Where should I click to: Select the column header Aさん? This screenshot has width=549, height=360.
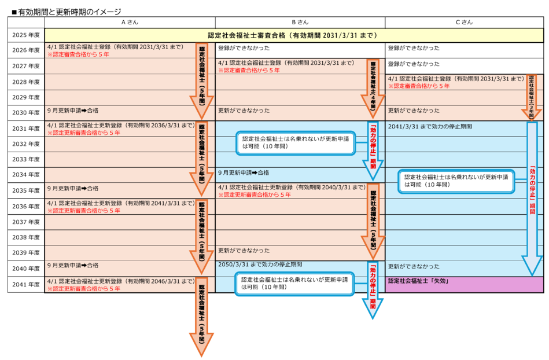pos(129,22)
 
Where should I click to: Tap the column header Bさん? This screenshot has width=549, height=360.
pos(300,22)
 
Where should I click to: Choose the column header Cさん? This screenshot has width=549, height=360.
pos(464,22)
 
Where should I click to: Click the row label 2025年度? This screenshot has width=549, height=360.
pos(26,35)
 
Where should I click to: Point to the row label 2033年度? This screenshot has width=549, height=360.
pos(26,159)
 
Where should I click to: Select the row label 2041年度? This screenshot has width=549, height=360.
pos(26,284)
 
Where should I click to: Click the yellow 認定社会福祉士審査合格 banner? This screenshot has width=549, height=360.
pos(293,35)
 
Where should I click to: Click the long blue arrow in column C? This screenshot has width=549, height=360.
pos(532,197)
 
